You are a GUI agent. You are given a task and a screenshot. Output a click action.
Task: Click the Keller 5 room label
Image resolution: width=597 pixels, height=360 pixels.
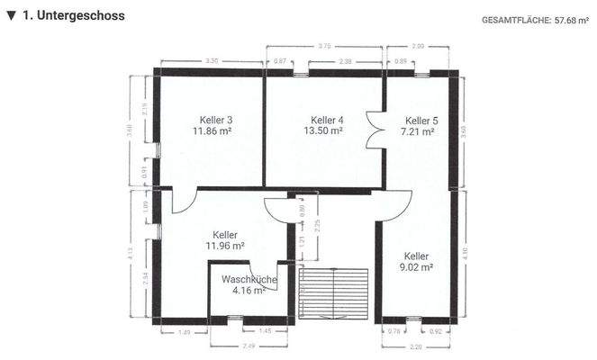pyautogui.click(x=421, y=120)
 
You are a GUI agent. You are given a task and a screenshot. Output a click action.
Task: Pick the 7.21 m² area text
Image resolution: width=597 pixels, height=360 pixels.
pyautogui.click(x=418, y=131)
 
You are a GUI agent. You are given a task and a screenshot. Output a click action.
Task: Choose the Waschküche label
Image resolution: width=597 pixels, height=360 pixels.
pyautogui.click(x=249, y=280)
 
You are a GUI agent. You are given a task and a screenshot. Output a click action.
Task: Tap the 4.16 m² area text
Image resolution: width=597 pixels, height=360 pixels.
pyautogui.click(x=249, y=291)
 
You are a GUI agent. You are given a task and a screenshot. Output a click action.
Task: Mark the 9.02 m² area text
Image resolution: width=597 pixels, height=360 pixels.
pyautogui.click(x=417, y=267)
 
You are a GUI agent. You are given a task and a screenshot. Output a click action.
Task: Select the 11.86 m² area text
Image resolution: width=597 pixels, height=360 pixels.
pyautogui.click(x=213, y=131)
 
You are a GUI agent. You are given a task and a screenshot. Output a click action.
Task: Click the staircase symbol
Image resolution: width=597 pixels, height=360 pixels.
pyautogui.click(x=334, y=292)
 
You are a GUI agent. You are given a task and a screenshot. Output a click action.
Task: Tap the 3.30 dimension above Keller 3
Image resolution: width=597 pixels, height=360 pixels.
pyautogui.click(x=213, y=60)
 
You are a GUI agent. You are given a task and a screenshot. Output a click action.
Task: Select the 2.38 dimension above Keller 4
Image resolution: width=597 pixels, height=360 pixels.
pyautogui.click(x=345, y=60)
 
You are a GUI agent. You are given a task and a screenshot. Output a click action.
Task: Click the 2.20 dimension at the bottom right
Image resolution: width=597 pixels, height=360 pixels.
pyautogui.click(x=415, y=346)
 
